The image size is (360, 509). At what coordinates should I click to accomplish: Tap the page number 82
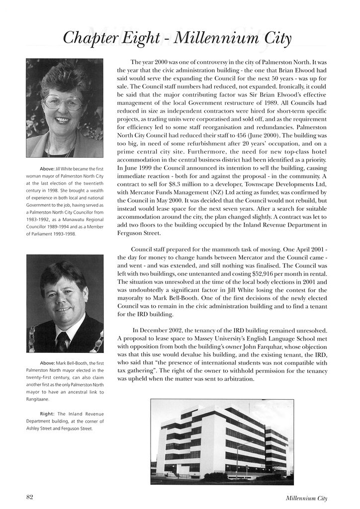click(29, 497)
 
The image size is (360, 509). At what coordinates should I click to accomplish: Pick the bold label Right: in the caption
click(48, 414)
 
